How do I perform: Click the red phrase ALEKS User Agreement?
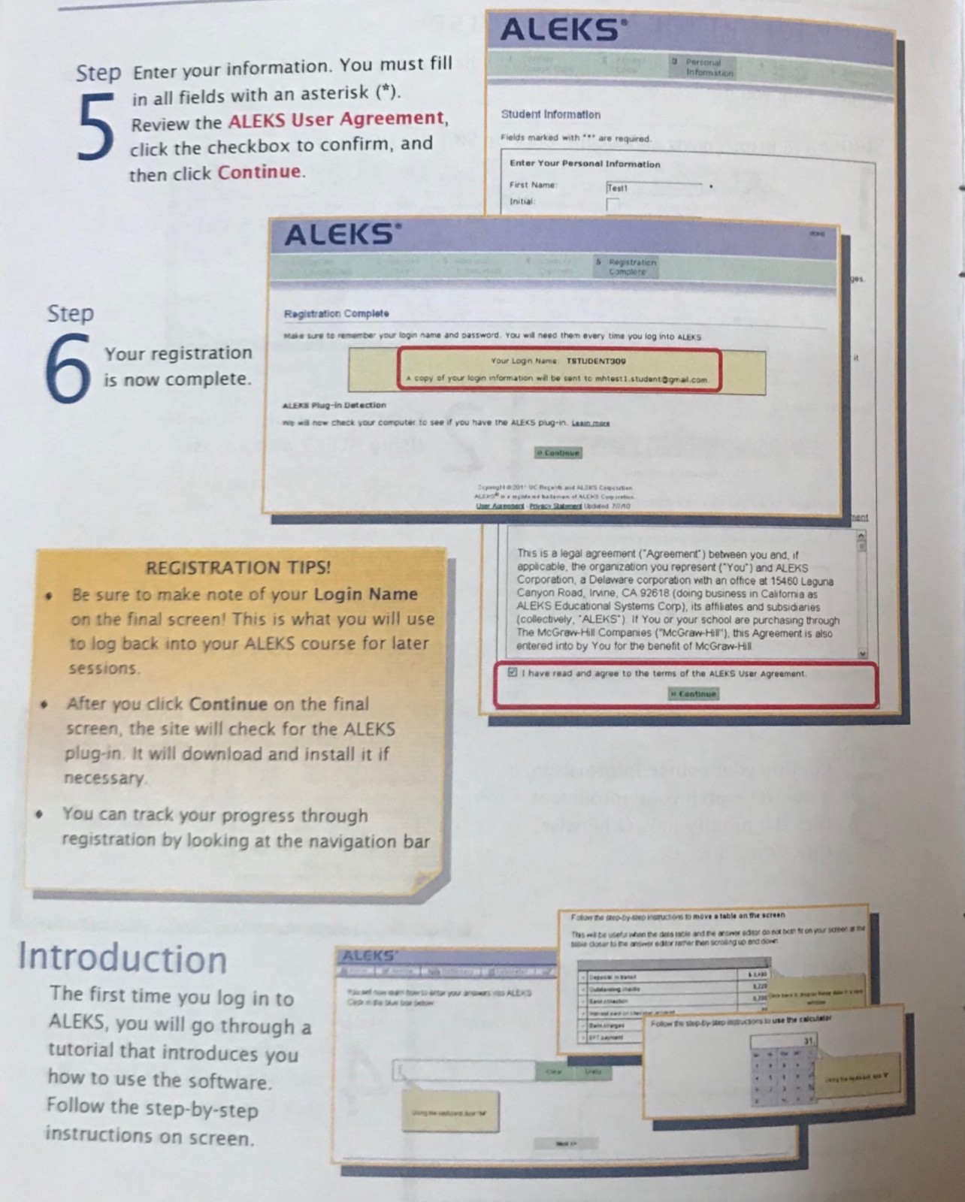[337, 119]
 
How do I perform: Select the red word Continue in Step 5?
[259, 172]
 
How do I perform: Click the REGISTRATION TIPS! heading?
[237, 567]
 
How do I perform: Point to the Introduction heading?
[123, 959]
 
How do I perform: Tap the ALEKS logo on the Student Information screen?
[560, 30]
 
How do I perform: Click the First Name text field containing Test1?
[654, 187]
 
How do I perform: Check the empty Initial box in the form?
[613, 204]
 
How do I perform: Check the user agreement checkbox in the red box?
[513, 672]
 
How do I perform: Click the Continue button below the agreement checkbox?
[694, 693]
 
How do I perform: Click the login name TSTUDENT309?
[596, 361]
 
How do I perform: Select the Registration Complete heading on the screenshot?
[336, 313]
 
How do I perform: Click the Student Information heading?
[550, 115]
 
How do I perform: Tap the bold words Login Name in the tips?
[365, 594]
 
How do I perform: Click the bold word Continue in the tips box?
[228, 704]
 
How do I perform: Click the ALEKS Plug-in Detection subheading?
[334, 405]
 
